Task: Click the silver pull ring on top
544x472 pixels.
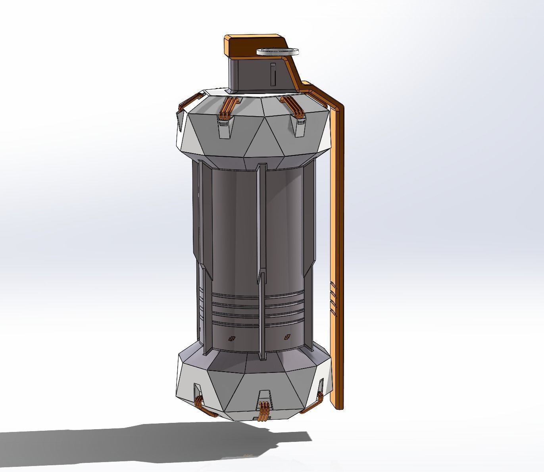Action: pos(278,51)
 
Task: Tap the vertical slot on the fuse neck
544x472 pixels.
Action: pos(273,75)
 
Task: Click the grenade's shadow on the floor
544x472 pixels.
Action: pos(159,440)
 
